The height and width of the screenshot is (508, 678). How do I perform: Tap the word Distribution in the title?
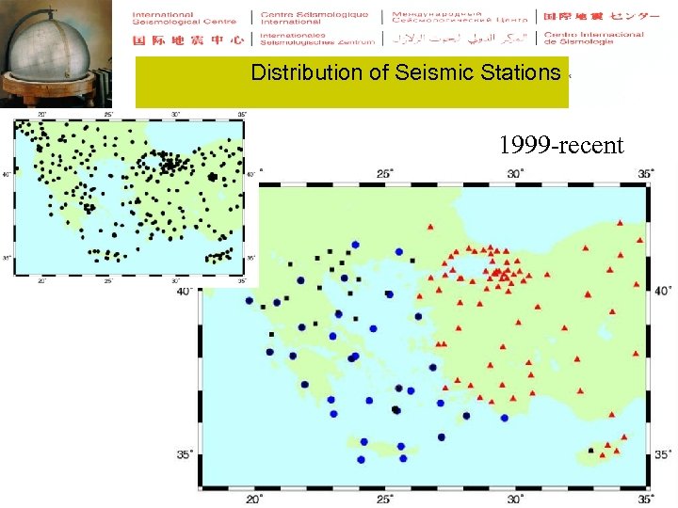coord(305,72)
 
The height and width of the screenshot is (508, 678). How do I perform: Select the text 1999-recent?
coord(561,145)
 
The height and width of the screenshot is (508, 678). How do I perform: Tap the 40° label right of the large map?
coord(662,290)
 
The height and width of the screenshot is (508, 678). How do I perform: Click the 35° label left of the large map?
coord(186,454)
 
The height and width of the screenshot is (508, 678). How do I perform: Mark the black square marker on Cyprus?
coord(591,451)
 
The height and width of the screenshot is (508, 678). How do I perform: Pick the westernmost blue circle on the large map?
coord(249,302)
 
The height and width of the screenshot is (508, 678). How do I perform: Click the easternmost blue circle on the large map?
coord(505,418)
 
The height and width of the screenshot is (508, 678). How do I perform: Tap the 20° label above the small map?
coord(41,116)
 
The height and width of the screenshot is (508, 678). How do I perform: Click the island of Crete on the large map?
coord(381,444)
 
